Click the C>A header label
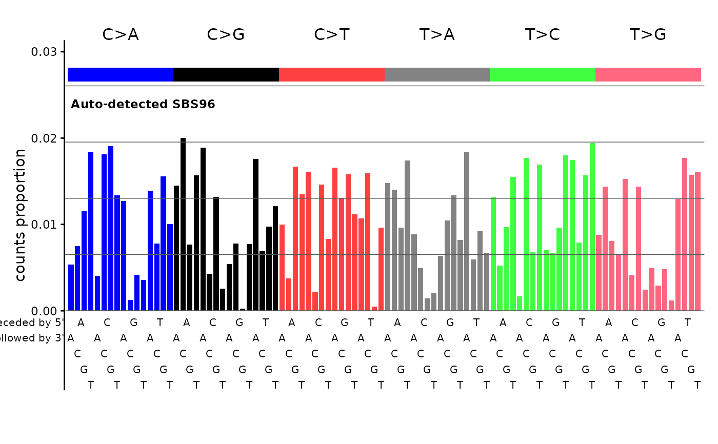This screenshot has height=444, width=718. point(121,35)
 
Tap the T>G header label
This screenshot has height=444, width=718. point(648,35)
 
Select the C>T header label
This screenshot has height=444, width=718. point(331,35)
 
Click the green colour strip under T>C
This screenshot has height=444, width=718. point(543,74)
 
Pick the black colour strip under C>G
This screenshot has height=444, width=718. point(226,74)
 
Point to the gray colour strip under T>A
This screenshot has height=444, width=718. point(437,74)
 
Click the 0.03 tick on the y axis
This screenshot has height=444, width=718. point(47,52)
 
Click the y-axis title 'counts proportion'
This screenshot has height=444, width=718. point(20,215)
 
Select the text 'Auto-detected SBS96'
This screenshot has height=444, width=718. point(143,105)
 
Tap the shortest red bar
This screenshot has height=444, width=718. point(374,308)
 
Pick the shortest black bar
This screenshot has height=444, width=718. point(243,309)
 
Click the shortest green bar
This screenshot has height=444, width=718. point(520,304)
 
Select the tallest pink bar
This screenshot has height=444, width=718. point(685,234)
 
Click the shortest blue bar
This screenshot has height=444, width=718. point(130,305)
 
